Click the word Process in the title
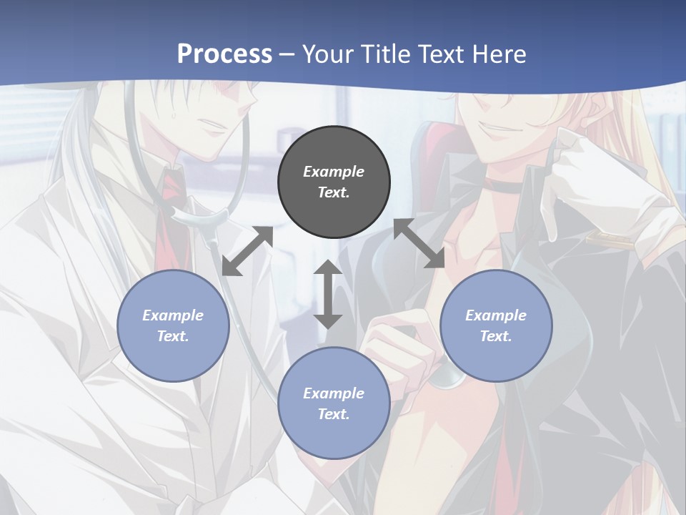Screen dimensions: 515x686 pyautogui.click(x=224, y=54)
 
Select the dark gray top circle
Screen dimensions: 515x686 pyautogui.click(x=334, y=182)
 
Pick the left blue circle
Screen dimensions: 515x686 pyautogui.click(x=173, y=325)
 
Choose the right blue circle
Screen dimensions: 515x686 pyautogui.click(x=496, y=325)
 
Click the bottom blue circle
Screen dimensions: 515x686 pyautogui.click(x=334, y=403)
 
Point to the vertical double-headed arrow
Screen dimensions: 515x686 pyautogui.click(x=328, y=294)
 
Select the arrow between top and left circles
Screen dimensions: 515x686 pyautogui.click(x=248, y=251)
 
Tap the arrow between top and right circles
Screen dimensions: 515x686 pyautogui.click(x=419, y=244)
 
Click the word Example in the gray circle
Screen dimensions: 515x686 pyautogui.click(x=334, y=172)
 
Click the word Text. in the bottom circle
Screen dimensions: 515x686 pyautogui.click(x=334, y=414)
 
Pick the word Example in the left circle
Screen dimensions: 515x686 pyautogui.click(x=173, y=315)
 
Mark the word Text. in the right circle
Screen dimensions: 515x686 pyautogui.click(x=496, y=336)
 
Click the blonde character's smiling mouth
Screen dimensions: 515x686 pyautogui.click(x=494, y=131)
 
